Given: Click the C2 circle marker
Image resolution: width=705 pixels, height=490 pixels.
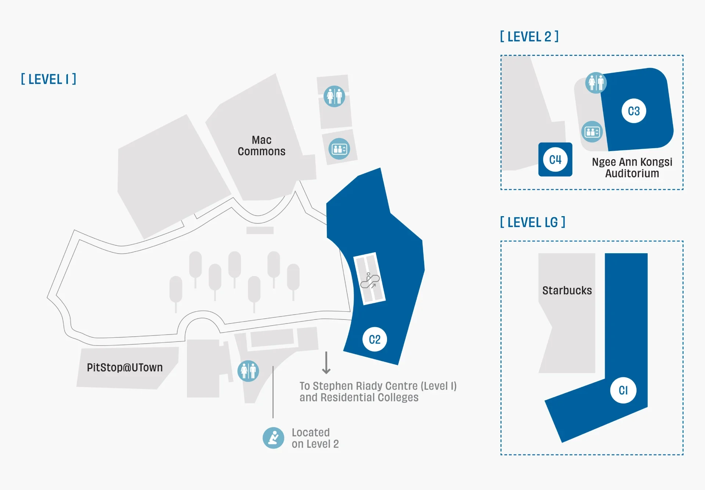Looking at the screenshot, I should (375, 339).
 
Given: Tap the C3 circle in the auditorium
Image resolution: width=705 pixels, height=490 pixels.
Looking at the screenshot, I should (634, 111).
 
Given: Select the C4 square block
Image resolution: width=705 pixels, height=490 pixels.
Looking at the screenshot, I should (555, 160).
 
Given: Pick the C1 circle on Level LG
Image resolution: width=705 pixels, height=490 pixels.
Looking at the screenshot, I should (623, 390).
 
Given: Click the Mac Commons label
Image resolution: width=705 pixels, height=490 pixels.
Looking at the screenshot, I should (261, 146).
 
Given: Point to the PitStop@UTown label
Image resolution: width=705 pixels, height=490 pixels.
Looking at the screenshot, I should (124, 367).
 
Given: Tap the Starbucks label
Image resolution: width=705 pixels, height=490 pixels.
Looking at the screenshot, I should (567, 290).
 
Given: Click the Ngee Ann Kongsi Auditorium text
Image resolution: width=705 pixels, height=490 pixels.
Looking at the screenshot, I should (632, 168).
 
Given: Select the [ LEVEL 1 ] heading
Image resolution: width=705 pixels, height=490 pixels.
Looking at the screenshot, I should (48, 79).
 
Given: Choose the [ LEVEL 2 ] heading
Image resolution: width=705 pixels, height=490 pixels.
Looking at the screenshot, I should (529, 37).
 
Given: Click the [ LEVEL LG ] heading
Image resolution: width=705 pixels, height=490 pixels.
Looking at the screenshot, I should (532, 222).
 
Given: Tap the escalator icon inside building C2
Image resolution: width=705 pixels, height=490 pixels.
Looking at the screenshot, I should (370, 280).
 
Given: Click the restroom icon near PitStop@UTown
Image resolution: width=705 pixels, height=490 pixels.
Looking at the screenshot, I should (248, 371).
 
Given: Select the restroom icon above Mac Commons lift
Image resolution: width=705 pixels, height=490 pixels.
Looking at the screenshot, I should (334, 96).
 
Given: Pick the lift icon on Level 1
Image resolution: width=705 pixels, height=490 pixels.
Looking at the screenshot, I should (339, 149).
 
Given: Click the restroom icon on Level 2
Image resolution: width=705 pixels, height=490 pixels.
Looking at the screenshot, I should (596, 83).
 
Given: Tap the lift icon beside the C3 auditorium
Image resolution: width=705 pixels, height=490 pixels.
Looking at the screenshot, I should (592, 132).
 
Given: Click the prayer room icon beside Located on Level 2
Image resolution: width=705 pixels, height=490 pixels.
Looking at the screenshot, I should (273, 438).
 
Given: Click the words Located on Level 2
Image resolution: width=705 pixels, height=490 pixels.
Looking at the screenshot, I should (315, 438).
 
